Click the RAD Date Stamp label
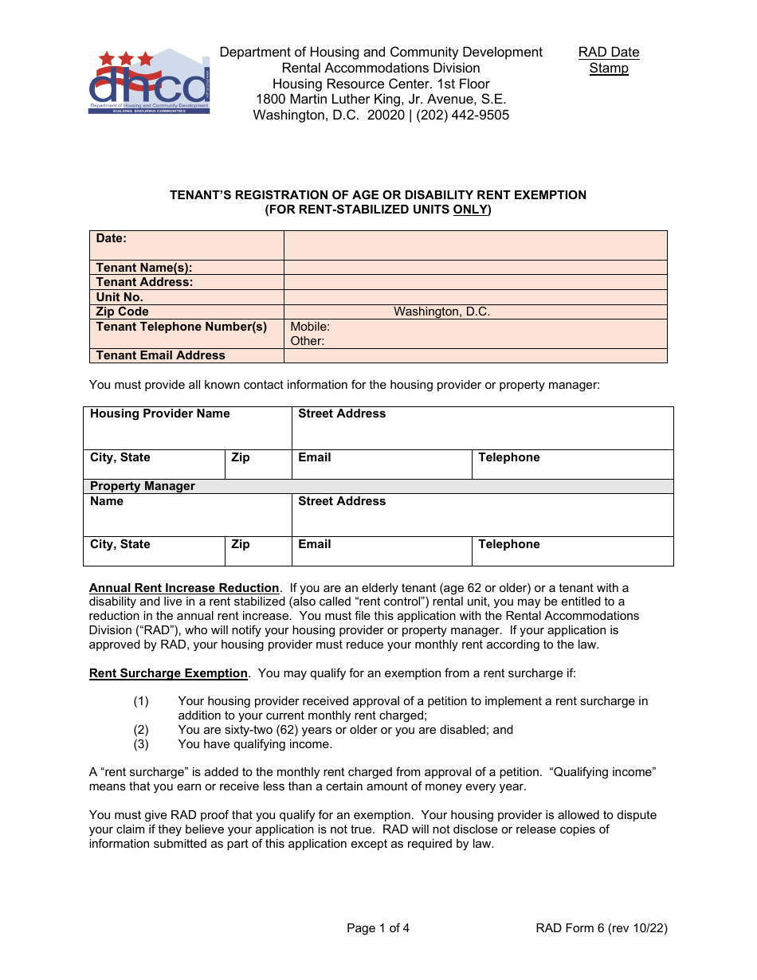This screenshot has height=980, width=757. [x=609, y=61]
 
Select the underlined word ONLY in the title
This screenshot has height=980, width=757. [x=470, y=210]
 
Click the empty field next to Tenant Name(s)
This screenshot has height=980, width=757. [x=475, y=268]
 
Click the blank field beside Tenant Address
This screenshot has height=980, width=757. [x=475, y=282]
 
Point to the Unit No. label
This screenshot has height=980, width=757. [x=120, y=297]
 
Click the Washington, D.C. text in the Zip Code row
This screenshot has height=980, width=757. [x=441, y=312]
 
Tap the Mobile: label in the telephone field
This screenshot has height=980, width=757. [x=310, y=327]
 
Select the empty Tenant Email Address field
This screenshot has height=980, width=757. [x=475, y=355]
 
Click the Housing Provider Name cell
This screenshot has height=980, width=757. [x=187, y=428]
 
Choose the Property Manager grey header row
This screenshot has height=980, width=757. [x=378, y=486]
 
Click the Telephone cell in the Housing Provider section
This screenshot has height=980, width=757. [x=572, y=465]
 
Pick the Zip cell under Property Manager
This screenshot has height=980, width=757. [x=258, y=551]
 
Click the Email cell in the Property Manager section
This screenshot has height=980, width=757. [x=382, y=551]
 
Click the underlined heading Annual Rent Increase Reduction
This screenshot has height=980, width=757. [x=184, y=588]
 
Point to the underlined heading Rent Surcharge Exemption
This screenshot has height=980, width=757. [x=168, y=673]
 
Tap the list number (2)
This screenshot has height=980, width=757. [x=141, y=730]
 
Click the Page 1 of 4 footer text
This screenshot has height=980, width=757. [x=378, y=927]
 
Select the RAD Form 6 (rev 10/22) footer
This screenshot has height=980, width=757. [x=602, y=927]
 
